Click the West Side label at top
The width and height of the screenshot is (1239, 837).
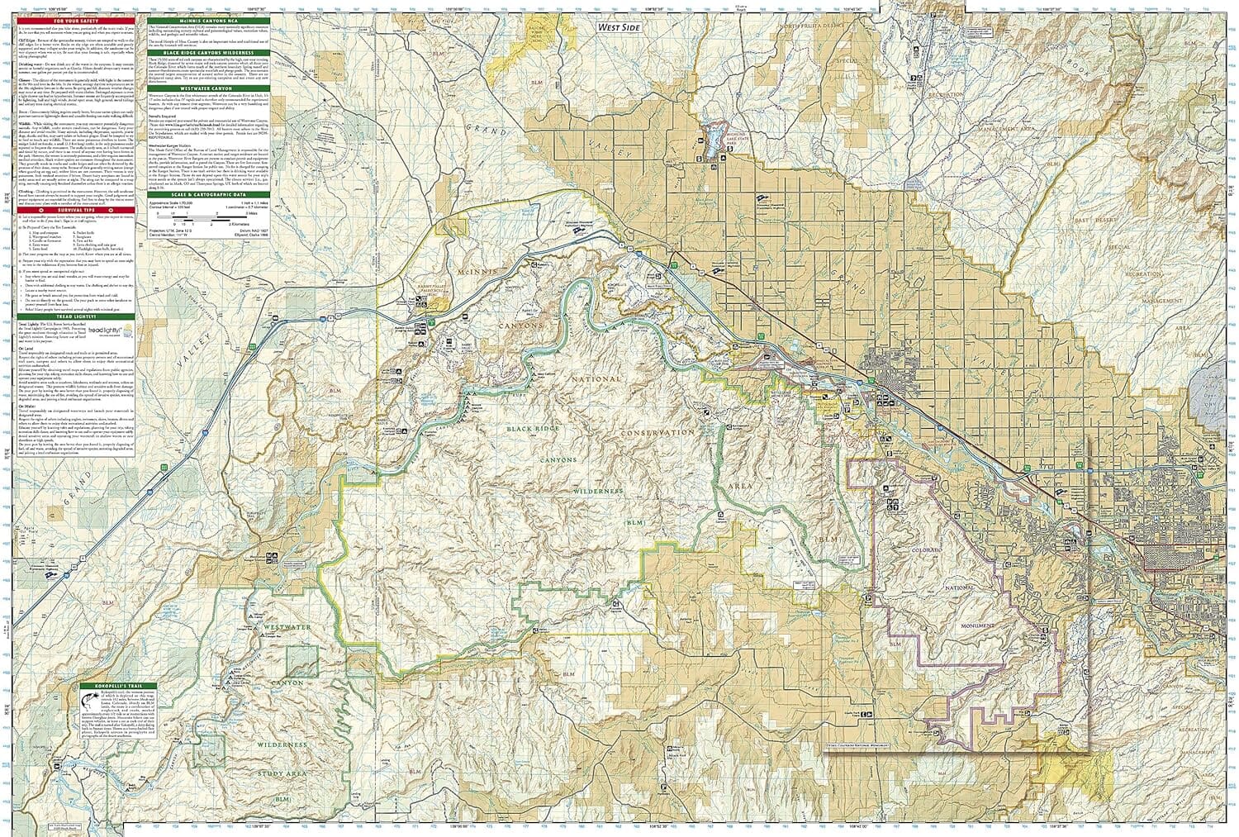click(x=619, y=26)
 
